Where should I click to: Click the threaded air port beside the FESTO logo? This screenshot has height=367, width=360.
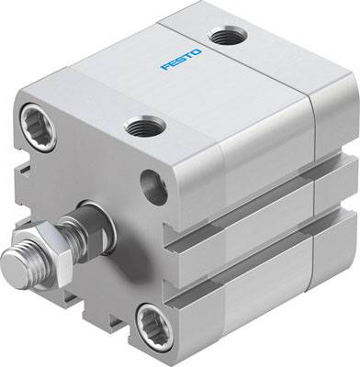pyautogui.click(x=222, y=38)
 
